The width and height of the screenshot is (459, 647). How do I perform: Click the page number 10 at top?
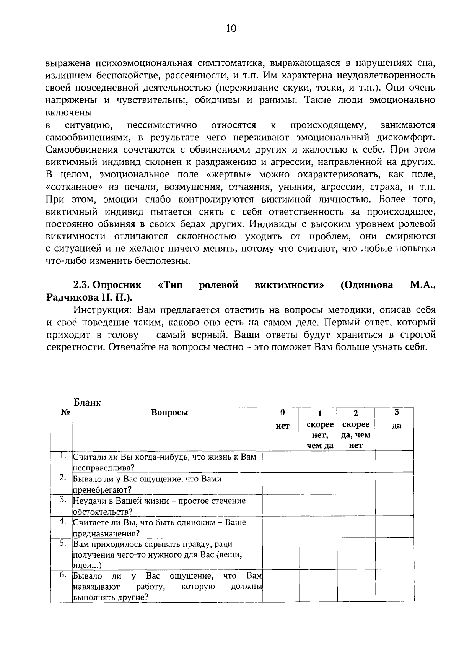pos(231,28)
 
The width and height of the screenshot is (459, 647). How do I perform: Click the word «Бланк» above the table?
pos(87,402)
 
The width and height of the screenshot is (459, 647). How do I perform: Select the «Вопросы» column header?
pos(169,413)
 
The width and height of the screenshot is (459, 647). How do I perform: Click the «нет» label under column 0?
pos(282,426)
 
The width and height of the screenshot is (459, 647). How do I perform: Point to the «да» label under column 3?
pos(396,426)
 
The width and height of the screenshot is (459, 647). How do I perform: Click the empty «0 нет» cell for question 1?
pos(280,462)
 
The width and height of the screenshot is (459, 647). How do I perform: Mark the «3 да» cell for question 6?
pos(394,586)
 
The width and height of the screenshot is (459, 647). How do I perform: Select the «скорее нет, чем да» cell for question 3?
pos(318,506)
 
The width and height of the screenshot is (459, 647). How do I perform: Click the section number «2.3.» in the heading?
pos(81,285)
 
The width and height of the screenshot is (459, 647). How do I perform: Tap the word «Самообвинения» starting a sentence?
pos(78,149)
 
